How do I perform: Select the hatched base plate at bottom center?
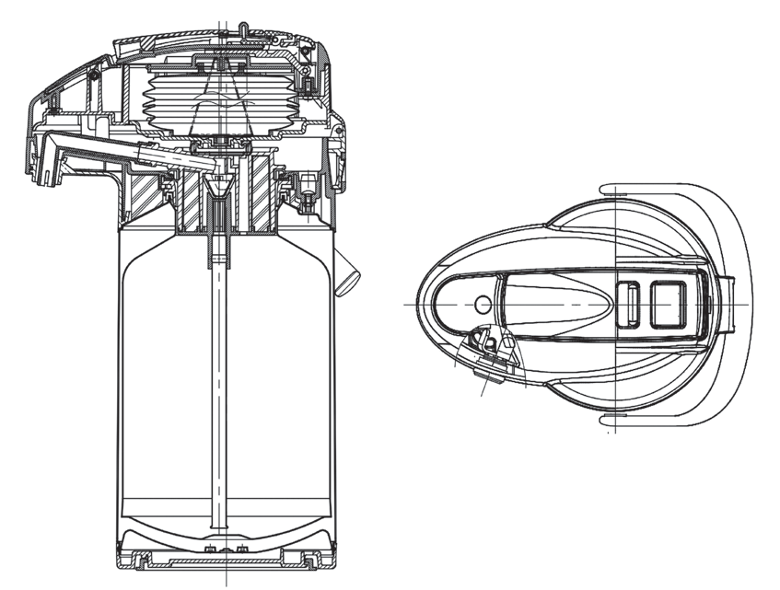(221, 560)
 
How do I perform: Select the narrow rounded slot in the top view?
(633, 304)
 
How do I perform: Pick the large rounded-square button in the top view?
(669, 304)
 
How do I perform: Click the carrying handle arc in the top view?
(741, 304)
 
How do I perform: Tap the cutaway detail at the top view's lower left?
(485, 350)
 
